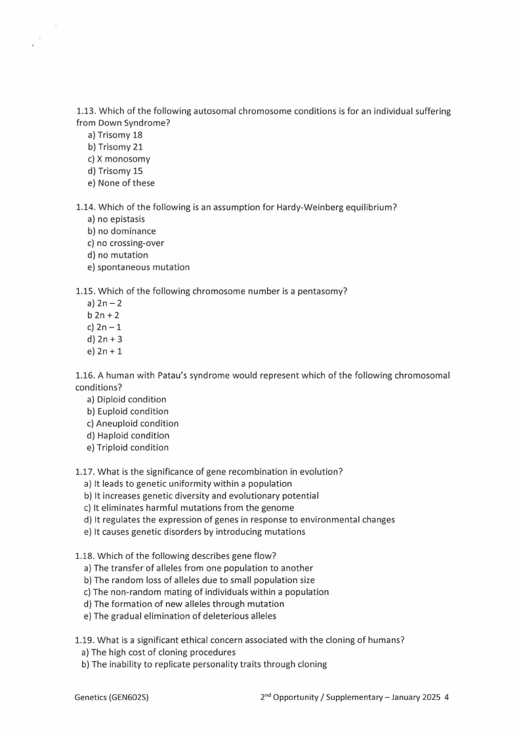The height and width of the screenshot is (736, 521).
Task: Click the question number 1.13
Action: click(x=86, y=112)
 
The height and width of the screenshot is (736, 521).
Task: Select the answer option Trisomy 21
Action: click(x=120, y=147)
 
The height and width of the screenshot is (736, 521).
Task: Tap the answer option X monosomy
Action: click(x=123, y=159)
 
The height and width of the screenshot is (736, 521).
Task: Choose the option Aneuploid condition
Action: click(x=137, y=424)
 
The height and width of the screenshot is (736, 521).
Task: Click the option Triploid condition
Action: click(x=133, y=447)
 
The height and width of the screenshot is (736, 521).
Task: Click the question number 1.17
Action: click(x=85, y=472)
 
